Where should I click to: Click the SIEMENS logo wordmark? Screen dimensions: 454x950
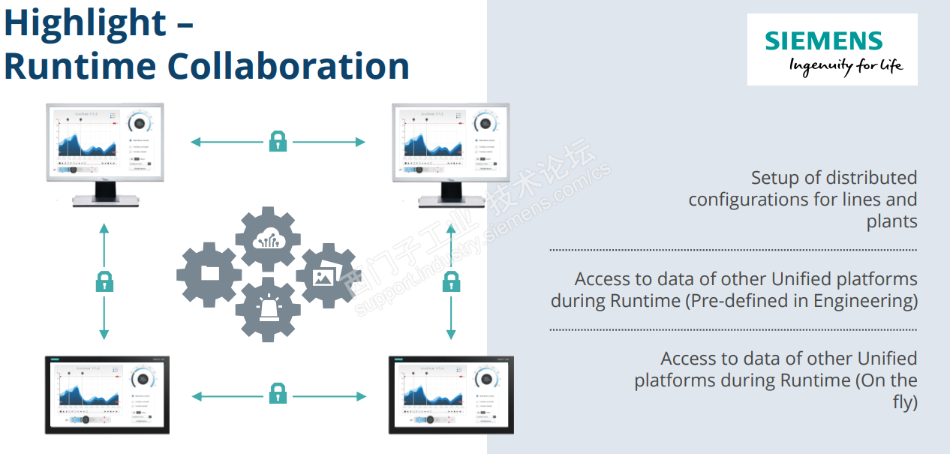tap(824, 41)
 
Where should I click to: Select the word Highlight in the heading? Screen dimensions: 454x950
tap(84, 23)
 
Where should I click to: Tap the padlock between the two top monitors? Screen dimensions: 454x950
tap(278, 141)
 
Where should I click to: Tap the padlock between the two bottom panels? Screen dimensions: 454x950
tap(278, 392)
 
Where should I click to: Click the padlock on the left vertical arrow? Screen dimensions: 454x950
tap(104, 281)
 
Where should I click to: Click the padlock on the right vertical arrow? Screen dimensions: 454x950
tap(451, 281)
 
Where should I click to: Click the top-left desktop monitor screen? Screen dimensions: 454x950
tap(104, 143)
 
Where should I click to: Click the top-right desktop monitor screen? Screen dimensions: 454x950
tap(451, 143)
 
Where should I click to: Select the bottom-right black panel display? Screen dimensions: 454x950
tap(451, 395)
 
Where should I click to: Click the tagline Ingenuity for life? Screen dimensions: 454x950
tap(845, 66)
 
